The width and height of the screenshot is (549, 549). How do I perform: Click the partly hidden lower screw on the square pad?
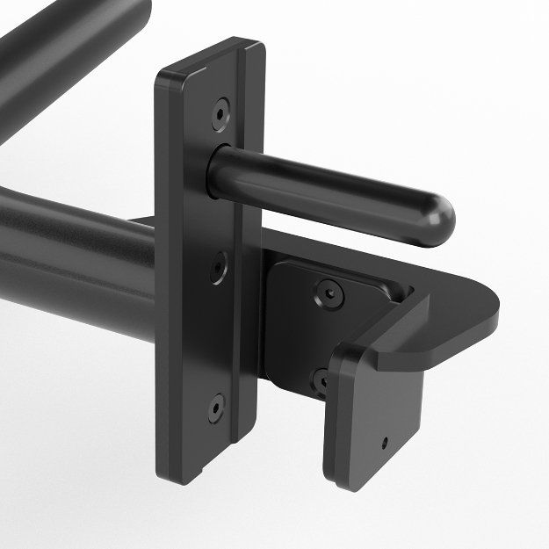tap(322, 380)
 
